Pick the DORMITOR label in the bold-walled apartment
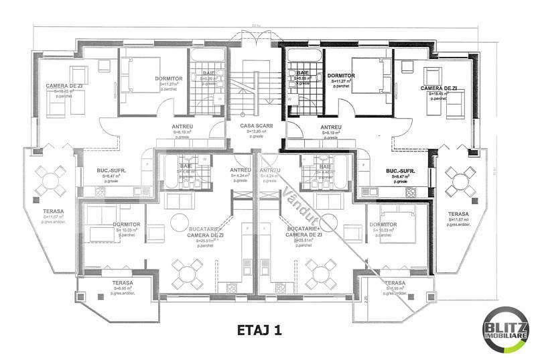pyautogui.click(x=341, y=75)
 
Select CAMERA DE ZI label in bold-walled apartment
pyautogui.click(x=439, y=88)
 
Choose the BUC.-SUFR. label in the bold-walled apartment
pyautogui.click(x=400, y=172)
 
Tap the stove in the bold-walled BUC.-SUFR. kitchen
pyautogui.click(x=411, y=192)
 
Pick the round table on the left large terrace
pyautogui.click(x=49, y=179)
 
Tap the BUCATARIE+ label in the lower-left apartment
pyautogui.click(x=200, y=229)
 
